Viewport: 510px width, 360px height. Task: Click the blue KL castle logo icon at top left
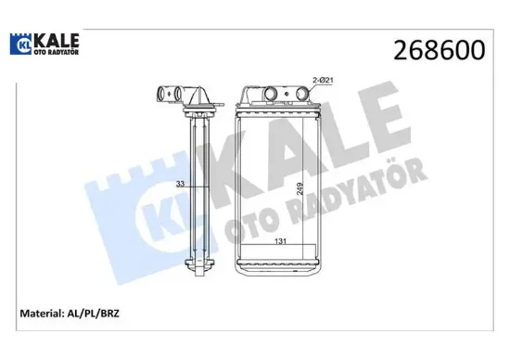20,44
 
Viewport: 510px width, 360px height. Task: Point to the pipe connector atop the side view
177,95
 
